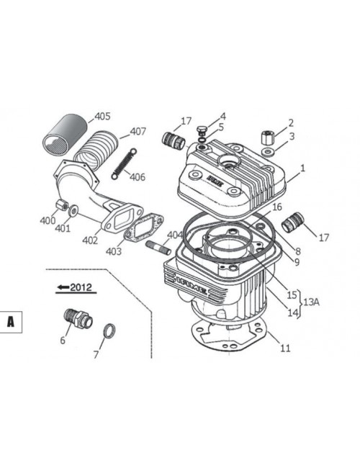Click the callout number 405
(102, 117)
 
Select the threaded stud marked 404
(158, 248)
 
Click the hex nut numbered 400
(62, 204)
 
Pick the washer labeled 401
(73, 210)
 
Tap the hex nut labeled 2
(267, 138)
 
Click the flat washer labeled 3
(269, 152)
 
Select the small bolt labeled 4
(201, 130)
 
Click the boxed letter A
(11, 322)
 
